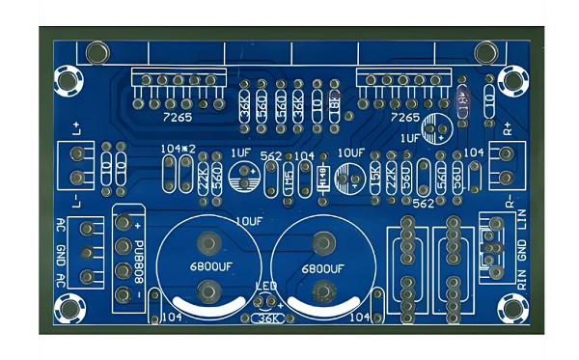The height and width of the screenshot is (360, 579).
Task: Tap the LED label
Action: coord(267,287)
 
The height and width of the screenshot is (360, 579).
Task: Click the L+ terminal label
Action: coord(76,127)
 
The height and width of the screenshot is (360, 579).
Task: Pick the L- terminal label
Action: coord(76,201)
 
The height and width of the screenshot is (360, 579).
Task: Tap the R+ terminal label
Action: coord(509,127)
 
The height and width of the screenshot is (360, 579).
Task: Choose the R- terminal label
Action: coord(509,201)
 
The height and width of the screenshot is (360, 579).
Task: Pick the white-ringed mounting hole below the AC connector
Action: coord(70,309)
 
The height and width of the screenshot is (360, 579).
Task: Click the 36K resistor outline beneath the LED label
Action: coord(267,318)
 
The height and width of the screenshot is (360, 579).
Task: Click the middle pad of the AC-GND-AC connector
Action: coord(88,253)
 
